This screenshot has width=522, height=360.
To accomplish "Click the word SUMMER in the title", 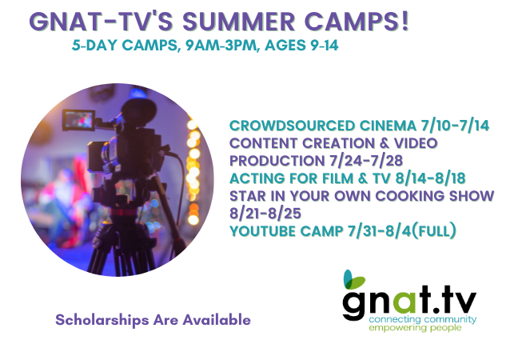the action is tap(239, 22).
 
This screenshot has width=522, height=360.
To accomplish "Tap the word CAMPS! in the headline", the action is tap(357, 22).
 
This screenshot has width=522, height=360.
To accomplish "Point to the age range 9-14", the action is tap(325, 46).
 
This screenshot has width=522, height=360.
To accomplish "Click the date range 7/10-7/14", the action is tap(455, 126).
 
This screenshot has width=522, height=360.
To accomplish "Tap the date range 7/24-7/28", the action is tap(366, 161).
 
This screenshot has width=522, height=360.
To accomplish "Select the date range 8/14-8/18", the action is tap(430, 178).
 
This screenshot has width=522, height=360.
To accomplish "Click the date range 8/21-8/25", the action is tap(265, 214).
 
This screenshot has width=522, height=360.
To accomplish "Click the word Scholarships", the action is tap(102, 320).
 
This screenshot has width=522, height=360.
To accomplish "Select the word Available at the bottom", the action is tap(217, 320).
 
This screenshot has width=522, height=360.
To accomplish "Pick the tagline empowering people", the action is tap(415, 328).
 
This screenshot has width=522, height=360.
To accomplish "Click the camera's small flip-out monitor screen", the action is tap(78, 120).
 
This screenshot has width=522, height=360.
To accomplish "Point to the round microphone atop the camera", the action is tap(138, 110).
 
